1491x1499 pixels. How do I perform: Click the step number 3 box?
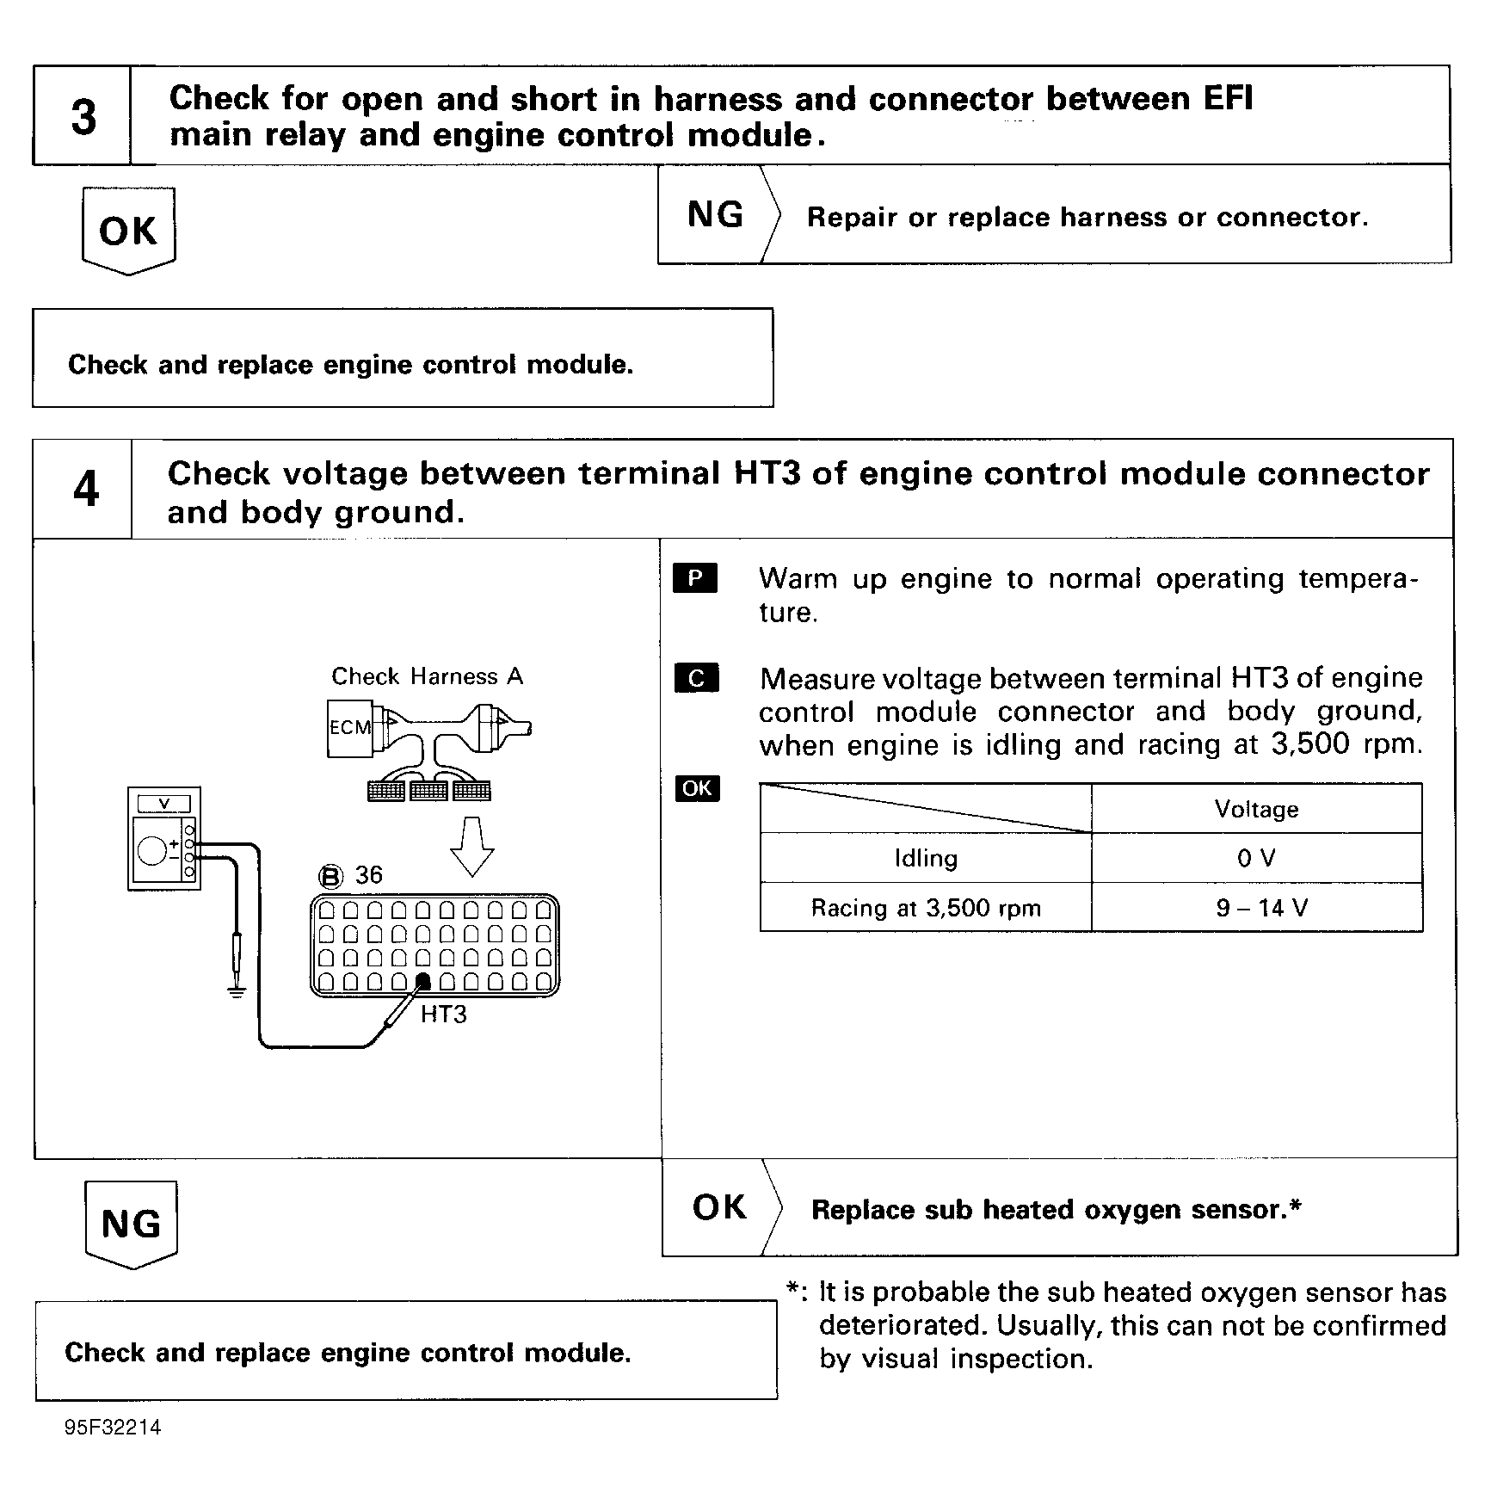[83, 116]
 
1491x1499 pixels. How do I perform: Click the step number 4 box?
[84, 489]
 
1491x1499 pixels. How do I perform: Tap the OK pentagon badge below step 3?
[128, 231]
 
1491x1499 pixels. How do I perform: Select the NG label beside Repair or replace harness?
[715, 215]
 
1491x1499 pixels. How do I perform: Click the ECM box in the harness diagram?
[349, 728]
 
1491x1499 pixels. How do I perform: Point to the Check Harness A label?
[427, 676]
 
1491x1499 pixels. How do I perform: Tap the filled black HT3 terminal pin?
[423, 982]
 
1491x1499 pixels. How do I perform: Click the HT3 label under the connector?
[443, 1015]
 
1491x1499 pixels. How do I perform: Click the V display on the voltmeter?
[164, 804]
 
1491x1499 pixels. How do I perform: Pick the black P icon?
[695, 578]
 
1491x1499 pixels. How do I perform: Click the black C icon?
[696, 678]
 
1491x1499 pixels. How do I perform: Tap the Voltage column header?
[1256, 809]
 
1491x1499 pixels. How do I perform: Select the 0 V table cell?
[1256, 858]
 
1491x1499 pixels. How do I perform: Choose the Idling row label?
[926, 858]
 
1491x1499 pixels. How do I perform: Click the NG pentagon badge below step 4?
[131, 1224]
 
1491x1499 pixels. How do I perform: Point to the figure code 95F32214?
[113, 1428]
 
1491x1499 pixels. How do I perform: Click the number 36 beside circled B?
[368, 875]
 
